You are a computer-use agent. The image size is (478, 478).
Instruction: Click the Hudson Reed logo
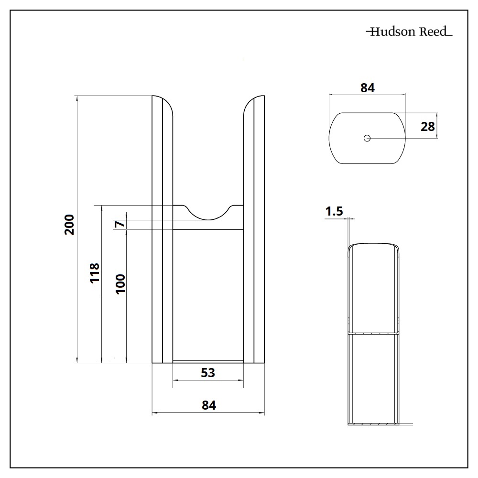(x=409, y=33)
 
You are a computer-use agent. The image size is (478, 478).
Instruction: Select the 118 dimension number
(x=95, y=272)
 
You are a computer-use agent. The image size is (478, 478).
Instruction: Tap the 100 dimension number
(x=120, y=283)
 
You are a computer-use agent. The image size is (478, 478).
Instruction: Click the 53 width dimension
(x=208, y=373)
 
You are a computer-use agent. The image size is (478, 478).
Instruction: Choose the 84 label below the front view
(x=209, y=405)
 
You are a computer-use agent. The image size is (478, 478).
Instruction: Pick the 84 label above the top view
(x=367, y=88)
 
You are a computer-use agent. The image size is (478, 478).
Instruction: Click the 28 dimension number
(x=428, y=127)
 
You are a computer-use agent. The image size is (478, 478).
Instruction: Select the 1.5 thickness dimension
(x=334, y=211)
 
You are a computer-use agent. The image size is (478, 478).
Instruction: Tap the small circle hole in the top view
(x=367, y=138)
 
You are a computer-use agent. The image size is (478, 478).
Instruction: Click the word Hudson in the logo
(x=390, y=33)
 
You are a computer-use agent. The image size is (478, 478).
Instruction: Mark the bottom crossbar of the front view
(x=208, y=361)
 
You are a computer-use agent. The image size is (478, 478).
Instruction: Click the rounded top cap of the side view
(x=373, y=247)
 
